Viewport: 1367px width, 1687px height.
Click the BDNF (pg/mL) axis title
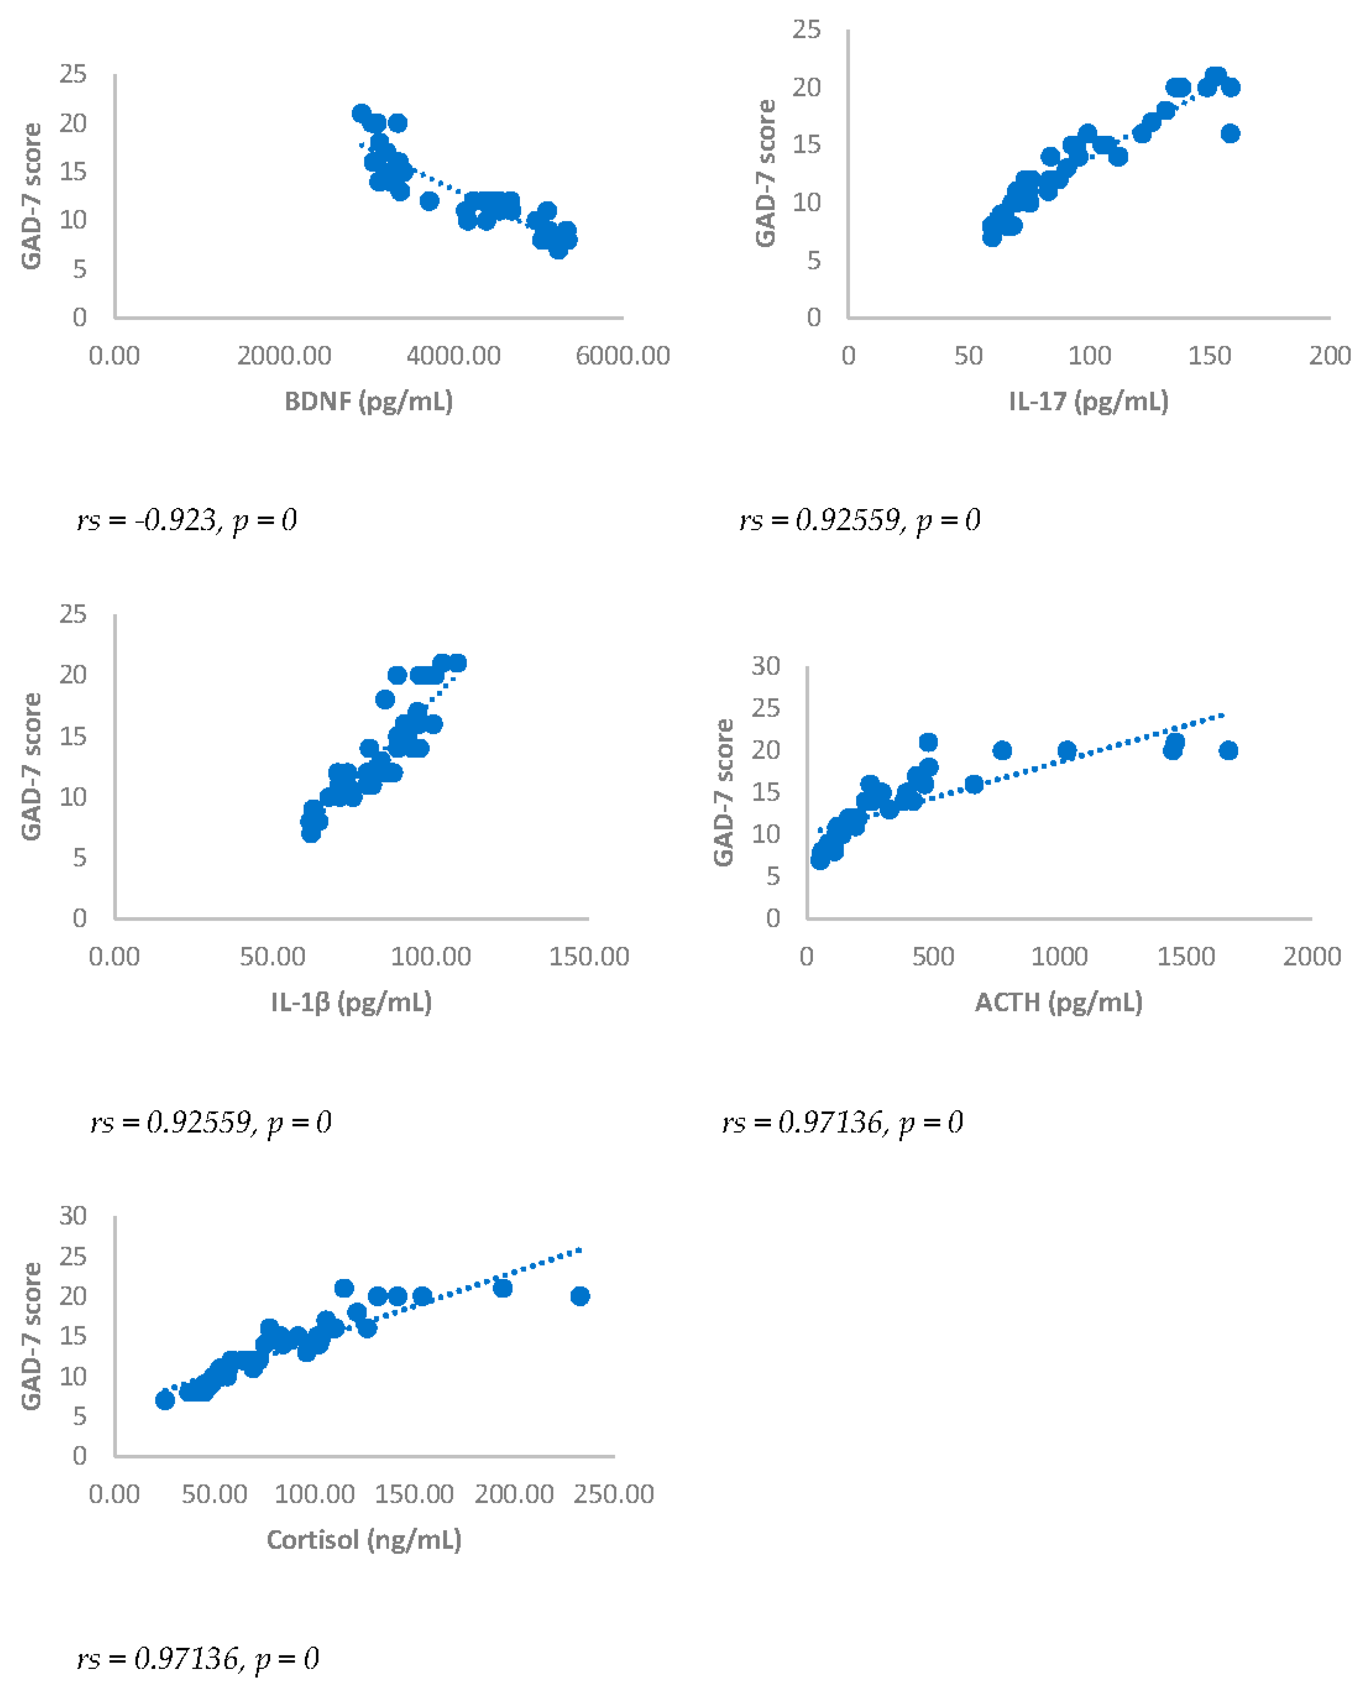pyautogui.click(x=368, y=402)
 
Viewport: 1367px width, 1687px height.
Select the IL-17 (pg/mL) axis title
pyautogui.click(x=1088, y=402)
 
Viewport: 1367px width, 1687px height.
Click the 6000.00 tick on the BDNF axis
pyautogui.click(x=622, y=356)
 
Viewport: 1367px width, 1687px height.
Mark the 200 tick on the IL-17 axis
pyautogui.click(x=1329, y=356)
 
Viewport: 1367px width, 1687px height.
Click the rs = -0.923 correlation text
pyautogui.click(x=187, y=520)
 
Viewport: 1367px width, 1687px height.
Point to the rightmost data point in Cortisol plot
pyautogui.click(x=579, y=1296)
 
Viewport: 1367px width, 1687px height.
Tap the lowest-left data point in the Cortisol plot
pyautogui.click(x=165, y=1400)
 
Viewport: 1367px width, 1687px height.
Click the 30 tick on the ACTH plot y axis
pyautogui.click(x=765, y=666)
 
